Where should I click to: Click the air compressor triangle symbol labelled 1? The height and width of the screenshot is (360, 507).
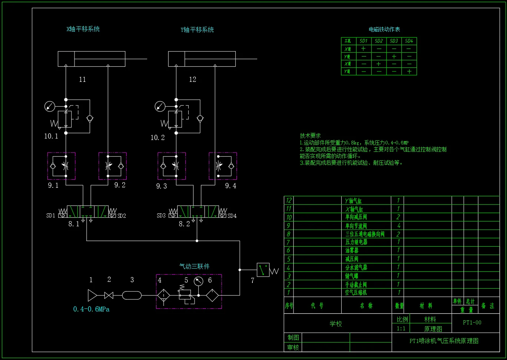(92, 295)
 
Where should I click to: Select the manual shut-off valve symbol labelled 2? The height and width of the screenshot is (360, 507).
(109, 295)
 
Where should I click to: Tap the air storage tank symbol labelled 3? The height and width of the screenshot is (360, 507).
(132, 295)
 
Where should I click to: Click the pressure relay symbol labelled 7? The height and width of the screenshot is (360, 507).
(263, 270)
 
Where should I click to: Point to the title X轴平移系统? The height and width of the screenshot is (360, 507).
(83, 29)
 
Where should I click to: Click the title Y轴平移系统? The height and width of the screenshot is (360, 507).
(197, 30)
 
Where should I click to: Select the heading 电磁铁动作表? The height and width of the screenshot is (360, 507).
(384, 29)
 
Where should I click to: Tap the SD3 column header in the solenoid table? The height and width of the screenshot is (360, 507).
(394, 41)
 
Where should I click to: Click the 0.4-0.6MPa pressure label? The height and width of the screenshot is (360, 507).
(91, 309)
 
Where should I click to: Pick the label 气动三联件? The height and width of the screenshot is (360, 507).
(194, 266)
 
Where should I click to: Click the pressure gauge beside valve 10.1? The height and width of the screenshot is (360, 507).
(49, 107)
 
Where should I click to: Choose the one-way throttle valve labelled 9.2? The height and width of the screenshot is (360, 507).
(113, 166)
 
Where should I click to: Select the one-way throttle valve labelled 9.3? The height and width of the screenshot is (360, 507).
(171, 166)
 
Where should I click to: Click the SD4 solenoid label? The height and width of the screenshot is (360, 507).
(232, 216)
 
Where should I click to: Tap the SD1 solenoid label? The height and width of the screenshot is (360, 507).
(51, 216)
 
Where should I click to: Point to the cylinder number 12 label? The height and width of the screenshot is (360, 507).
(192, 79)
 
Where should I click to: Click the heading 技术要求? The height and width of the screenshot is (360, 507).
(310, 136)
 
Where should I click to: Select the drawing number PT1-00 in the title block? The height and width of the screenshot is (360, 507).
(472, 323)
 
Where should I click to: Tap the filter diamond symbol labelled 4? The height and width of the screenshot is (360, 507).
(163, 295)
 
